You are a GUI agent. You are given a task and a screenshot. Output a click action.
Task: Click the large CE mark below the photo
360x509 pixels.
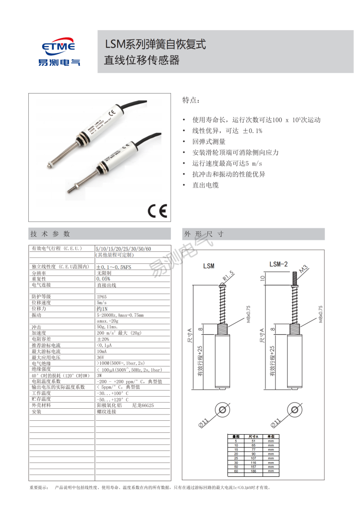click(x=157, y=211)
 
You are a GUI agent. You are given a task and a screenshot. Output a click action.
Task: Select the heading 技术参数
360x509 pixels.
click(x=50, y=234)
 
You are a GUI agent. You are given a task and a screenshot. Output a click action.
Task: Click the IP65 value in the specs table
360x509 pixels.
click(x=102, y=297)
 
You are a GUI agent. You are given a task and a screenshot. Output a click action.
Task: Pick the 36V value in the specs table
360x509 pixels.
click(x=100, y=357)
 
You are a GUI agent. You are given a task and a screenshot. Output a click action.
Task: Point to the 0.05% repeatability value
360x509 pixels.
click(x=103, y=279)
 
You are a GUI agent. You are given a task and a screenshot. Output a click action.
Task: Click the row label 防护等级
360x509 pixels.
click(x=41, y=297)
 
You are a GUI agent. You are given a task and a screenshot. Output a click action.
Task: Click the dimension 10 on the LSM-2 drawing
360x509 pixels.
click(x=263, y=277)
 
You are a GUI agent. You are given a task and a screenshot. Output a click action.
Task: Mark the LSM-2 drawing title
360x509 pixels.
click(x=278, y=264)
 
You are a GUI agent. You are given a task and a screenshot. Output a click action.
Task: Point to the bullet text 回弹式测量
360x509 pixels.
click(x=209, y=142)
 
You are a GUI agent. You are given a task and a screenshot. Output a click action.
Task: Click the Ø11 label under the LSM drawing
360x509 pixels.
click(x=204, y=422)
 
